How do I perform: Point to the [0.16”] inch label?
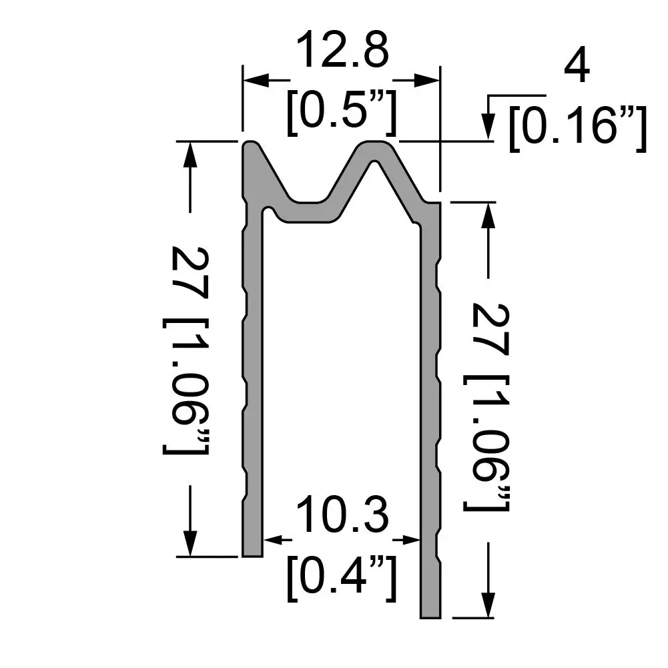[577, 129]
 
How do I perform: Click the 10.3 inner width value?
[341, 515]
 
